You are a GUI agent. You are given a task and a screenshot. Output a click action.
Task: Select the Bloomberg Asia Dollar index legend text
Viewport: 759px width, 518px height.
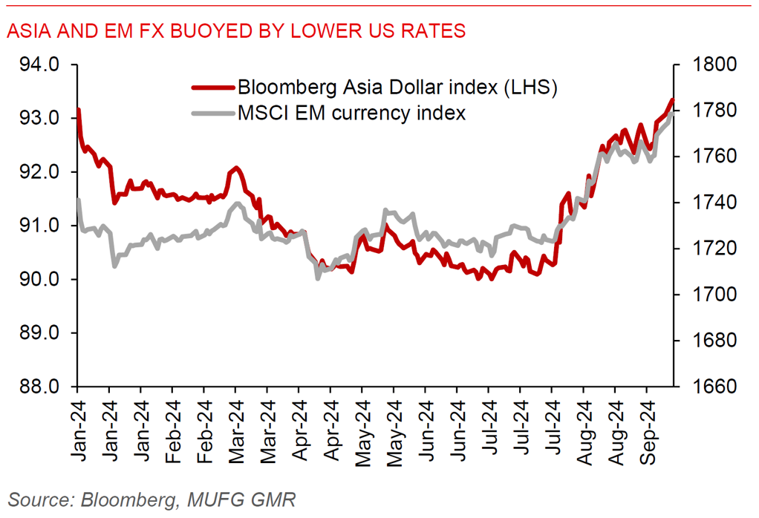tap(397, 88)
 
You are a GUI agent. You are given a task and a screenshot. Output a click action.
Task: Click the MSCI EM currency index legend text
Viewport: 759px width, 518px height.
tap(351, 114)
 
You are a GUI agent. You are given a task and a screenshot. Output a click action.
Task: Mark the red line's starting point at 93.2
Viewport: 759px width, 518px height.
tap(78, 110)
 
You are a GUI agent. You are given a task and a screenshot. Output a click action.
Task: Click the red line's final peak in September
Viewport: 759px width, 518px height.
tap(671, 100)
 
